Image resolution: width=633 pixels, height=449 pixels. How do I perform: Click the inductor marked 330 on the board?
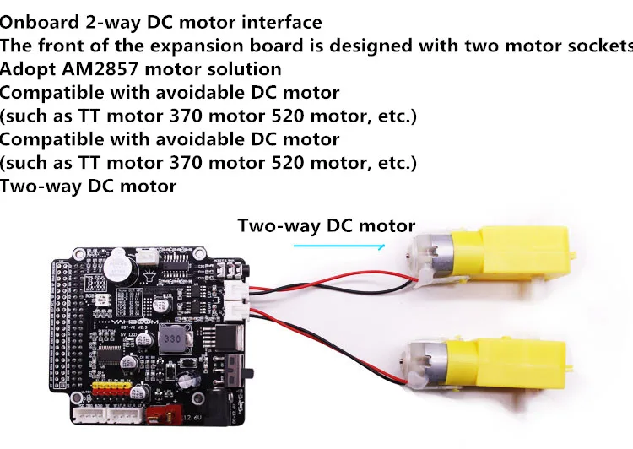(x=172, y=338)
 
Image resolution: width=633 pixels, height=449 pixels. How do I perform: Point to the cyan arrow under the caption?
(x=339, y=246)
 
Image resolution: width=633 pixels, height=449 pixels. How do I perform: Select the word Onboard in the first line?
(x=39, y=22)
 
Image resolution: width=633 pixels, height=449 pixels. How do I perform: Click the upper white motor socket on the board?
(x=235, y=290)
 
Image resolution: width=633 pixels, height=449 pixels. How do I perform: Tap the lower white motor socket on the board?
(x=235, y=311)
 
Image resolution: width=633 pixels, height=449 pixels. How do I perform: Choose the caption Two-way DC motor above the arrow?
(x=326, y=225)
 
